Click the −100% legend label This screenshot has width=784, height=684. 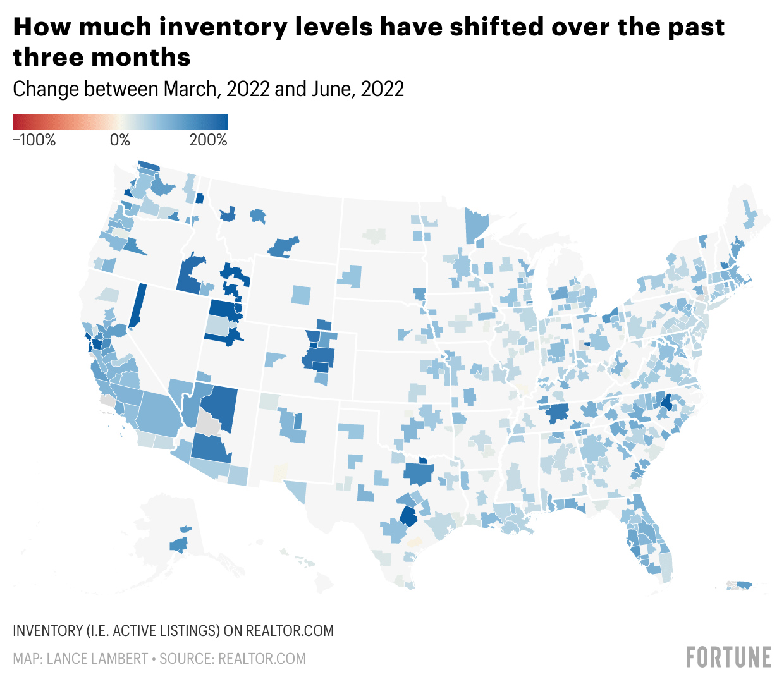(34, 140)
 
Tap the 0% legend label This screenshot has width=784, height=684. (120, 140)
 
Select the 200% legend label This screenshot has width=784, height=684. (208, 140)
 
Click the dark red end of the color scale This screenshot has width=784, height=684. (16, 121)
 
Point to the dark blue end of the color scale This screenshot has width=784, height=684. (223, 121)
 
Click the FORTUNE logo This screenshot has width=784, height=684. (729, 657)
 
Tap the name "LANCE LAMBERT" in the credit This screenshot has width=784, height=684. (97, 659)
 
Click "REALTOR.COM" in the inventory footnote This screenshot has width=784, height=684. (290, 631)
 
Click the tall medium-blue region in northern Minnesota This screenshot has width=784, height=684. (476, 224)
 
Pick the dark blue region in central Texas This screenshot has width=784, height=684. (408, 517)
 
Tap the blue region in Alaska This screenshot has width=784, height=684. (178, 544)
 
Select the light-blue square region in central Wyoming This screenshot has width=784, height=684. (302, 295)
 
